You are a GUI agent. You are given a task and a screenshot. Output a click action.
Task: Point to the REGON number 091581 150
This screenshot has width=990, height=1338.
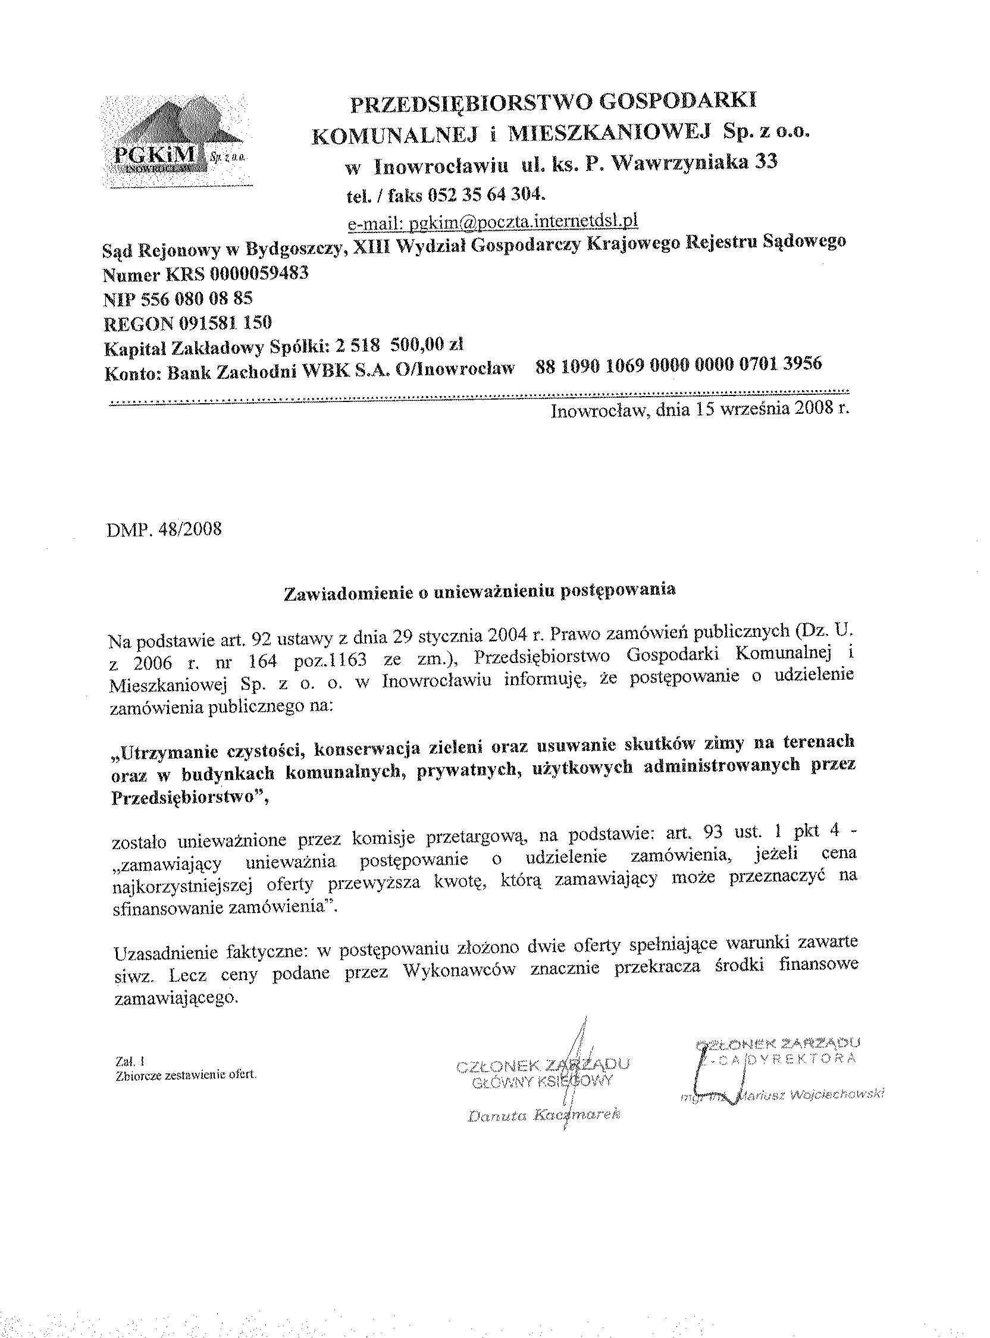click(225, 323)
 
